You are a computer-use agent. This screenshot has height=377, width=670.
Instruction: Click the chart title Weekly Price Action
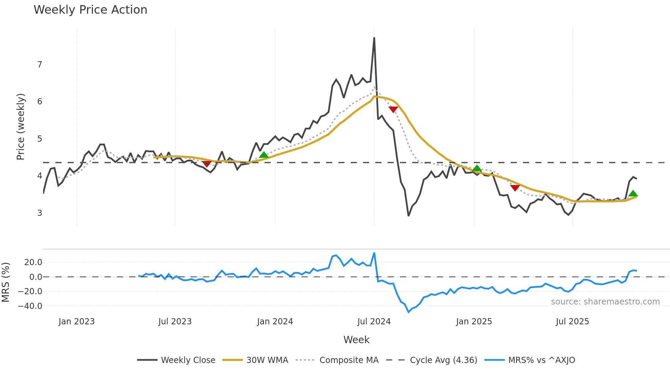click(x=90, y=10)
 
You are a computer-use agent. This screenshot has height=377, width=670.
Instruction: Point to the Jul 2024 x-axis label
click(x=374, y=322)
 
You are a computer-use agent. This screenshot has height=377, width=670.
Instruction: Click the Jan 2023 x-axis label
click(x=77, y=322)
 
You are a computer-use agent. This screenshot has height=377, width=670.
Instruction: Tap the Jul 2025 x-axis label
click(x=573, y=322)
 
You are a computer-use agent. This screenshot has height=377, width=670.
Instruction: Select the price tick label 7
click(x=40, y=65)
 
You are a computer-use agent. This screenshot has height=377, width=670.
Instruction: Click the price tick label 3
click(x=40, y=213)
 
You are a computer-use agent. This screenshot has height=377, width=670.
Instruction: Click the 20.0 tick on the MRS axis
click(x=33, y=262)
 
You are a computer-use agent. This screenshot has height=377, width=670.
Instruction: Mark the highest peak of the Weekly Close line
click(x=374, y=38)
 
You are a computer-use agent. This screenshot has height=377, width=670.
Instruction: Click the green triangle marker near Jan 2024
click(x=264, y=155)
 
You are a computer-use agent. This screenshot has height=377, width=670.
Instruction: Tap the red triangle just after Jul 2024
click(x=393, y=109)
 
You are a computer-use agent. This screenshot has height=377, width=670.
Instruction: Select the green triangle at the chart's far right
click(x=633, y=193)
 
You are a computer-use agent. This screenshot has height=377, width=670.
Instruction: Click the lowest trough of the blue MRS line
click(x=408, y=312)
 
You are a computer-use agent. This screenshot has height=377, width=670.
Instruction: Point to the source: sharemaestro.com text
click(x=605, y=302)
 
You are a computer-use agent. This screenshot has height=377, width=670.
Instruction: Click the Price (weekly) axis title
click(x=21, y=127)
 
